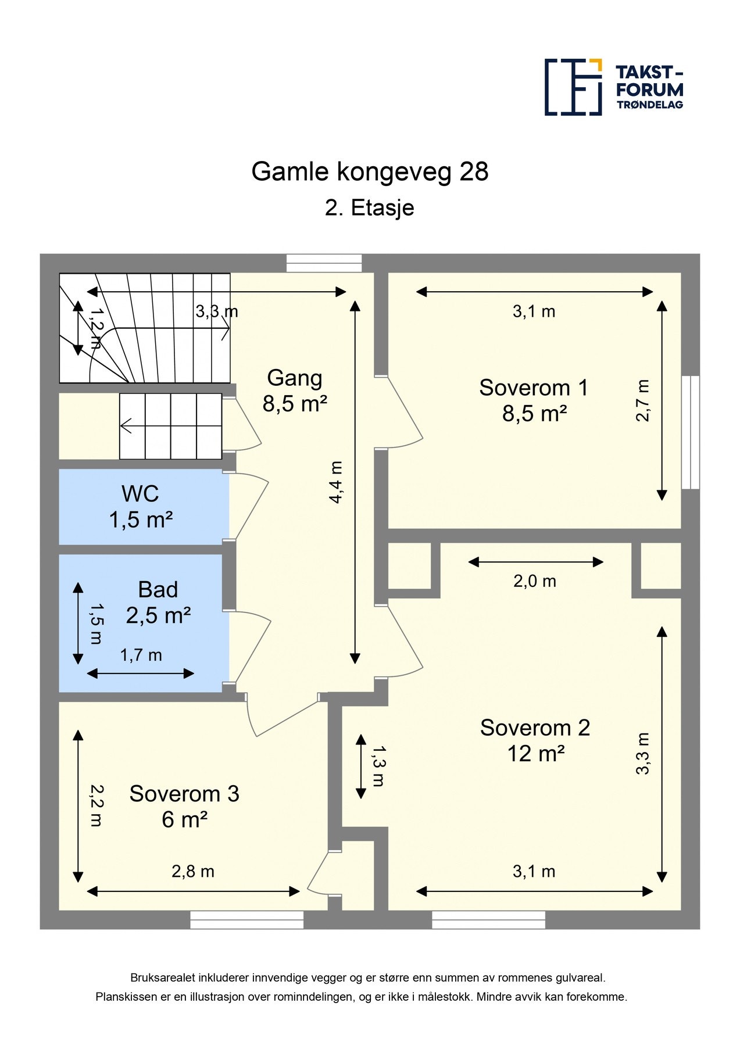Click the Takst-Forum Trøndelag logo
click(613, 87)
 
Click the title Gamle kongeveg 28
click(370, 171)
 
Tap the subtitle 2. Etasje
click(370, 207)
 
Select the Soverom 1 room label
click(534, 388)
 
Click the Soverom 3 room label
click(184, 794)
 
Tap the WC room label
click(140, 494)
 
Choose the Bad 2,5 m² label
click(158, 603)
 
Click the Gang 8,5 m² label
click(295, 391)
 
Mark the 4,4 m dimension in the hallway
click(336, 482)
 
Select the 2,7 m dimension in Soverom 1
click(642, 400)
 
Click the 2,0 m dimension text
click(535, 581)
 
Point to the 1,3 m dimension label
click(378, 766)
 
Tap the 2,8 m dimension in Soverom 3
click(193, 872)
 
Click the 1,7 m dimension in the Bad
click(141, 655)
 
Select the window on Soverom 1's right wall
click(691, 432)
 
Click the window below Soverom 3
click(247, 920)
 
